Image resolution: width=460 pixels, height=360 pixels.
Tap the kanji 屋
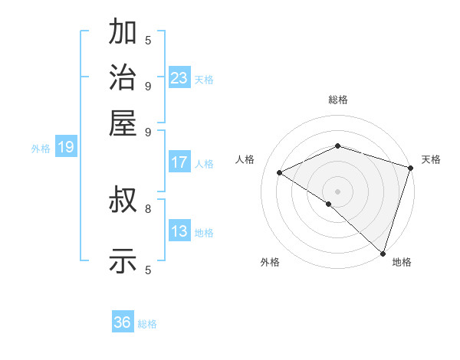123,123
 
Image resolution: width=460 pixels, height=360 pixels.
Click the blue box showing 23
179,78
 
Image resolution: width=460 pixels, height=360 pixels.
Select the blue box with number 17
179,162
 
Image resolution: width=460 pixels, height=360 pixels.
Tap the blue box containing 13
179,231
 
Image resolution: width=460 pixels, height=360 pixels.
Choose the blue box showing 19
66,148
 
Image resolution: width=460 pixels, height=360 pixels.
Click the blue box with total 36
123,322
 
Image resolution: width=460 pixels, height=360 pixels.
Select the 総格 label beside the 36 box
147,324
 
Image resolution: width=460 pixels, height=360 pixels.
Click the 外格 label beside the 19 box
41,149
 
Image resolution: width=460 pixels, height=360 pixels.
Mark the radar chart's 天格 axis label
432,159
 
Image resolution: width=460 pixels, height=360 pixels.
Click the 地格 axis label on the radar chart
402,262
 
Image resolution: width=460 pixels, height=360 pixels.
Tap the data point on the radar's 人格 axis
280,172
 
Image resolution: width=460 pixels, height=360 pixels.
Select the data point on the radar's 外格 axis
329,204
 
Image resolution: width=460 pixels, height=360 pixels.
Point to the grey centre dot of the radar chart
337,191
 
